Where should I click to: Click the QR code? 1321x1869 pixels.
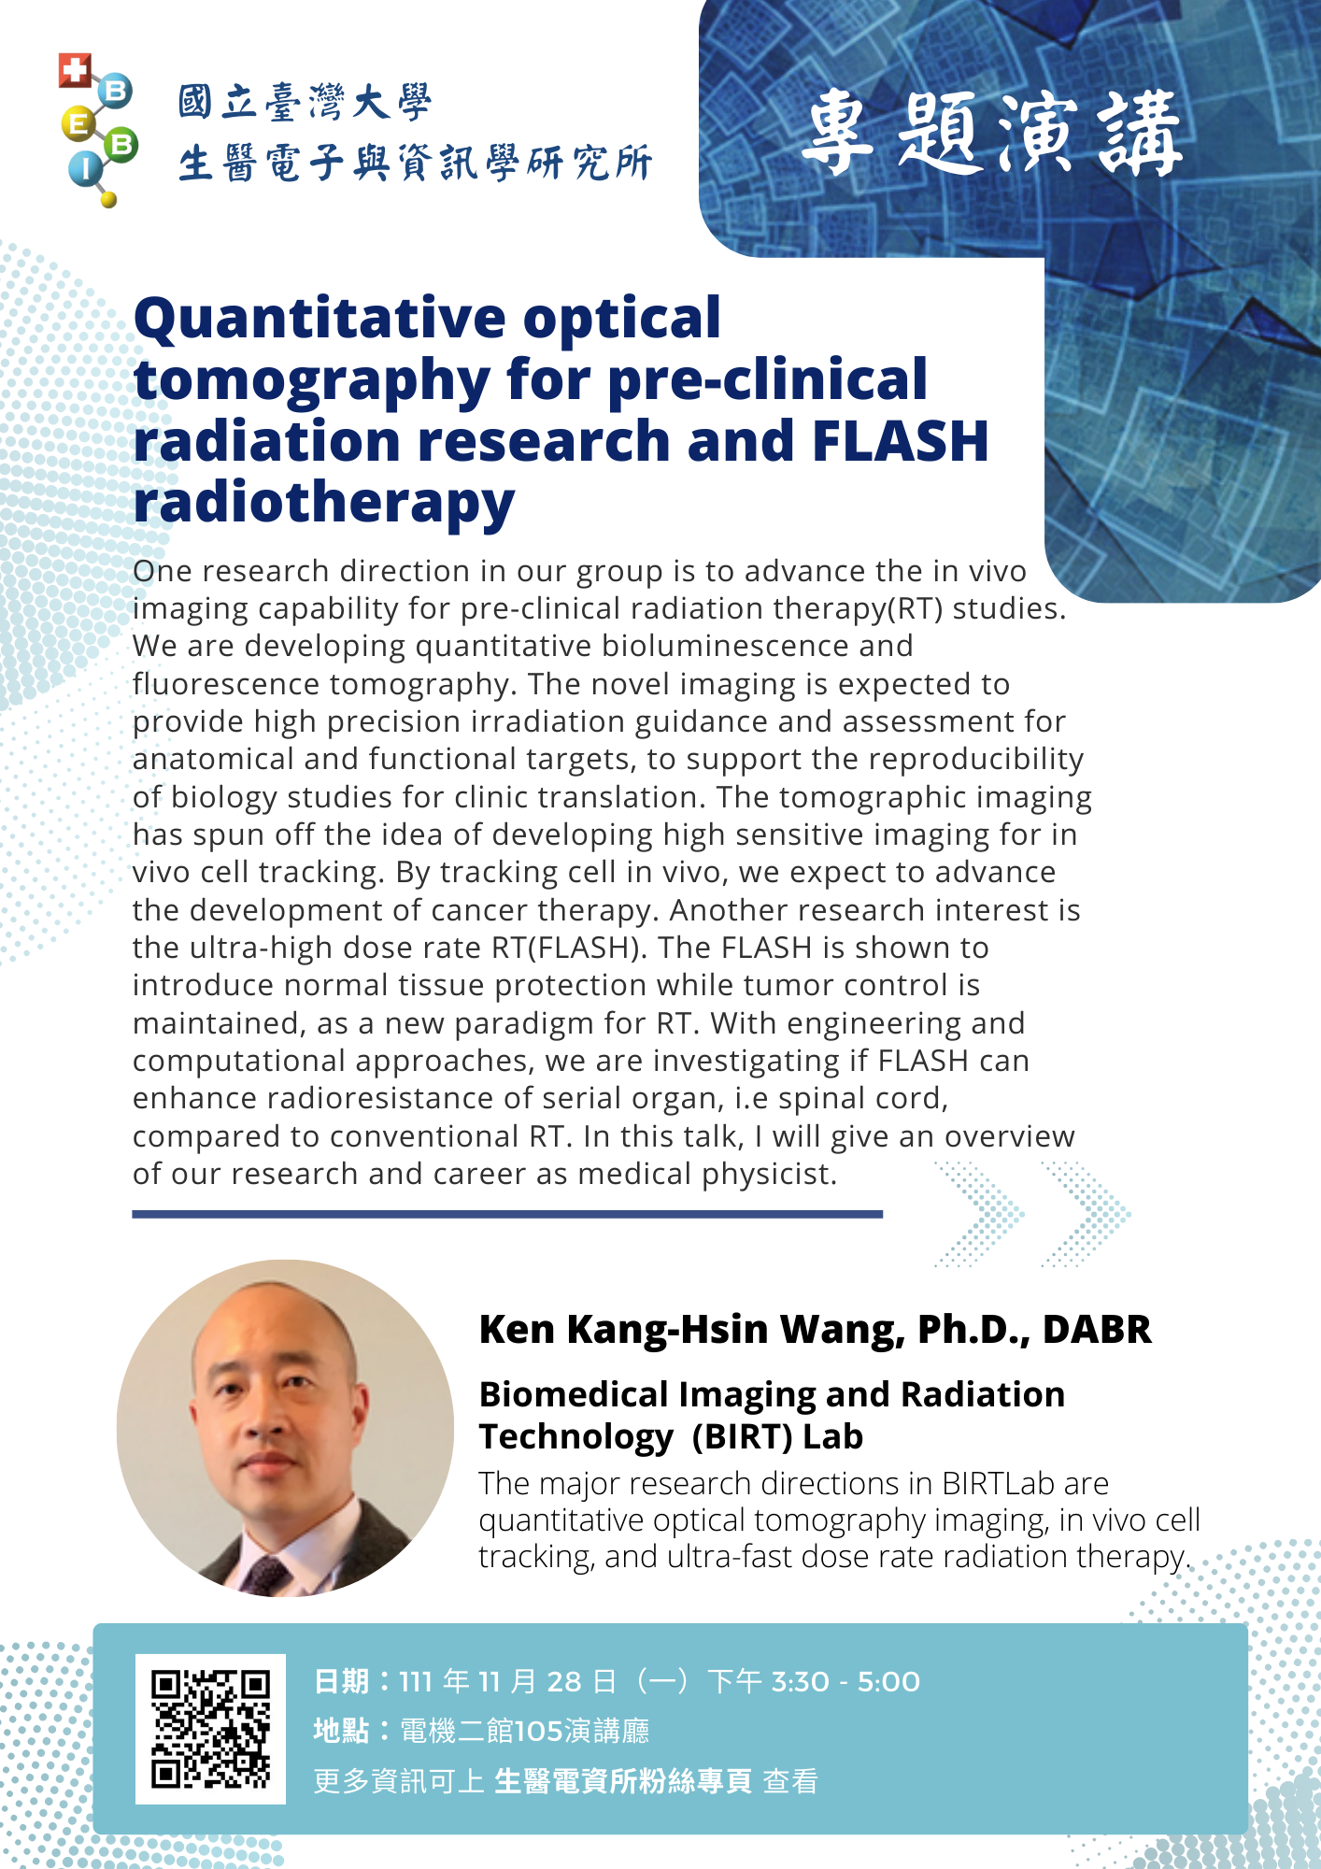point(210,1729)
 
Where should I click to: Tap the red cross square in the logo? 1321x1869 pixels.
point(75,70)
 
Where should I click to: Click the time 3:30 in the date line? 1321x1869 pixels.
point(801,1682)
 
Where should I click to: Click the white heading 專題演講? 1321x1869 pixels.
point(993,134)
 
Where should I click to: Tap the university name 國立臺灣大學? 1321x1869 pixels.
point(305,102)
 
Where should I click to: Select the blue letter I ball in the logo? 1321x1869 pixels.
point(85,169)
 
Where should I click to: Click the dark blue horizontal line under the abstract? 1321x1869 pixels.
point(507,1214)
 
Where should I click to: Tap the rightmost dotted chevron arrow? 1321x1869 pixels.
point(1087,1214)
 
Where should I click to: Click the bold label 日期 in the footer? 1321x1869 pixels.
point(341,1682)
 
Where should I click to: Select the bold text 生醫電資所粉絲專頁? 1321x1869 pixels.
point(623,1781)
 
